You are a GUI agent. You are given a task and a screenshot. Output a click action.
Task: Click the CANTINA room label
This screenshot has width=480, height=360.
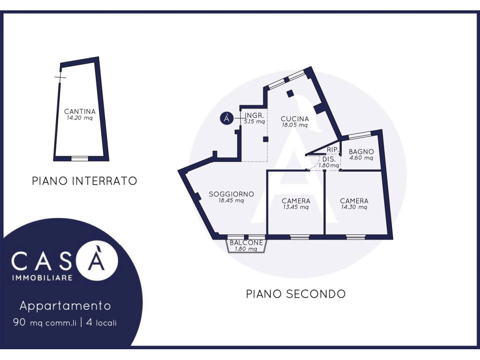pos(80,112)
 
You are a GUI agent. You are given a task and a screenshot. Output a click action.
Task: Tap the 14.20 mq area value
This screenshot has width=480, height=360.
pos(80,118)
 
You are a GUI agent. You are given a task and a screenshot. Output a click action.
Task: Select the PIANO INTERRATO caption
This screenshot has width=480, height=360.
pos(84,181)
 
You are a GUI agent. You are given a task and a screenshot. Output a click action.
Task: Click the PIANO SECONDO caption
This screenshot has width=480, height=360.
pos(296,294)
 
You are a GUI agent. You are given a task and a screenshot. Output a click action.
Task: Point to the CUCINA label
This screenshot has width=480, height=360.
pos(295,119)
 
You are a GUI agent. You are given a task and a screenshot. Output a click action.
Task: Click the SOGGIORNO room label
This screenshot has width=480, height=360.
pos(232,194)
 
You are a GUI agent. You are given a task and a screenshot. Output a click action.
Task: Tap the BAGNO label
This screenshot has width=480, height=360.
pos(361,151)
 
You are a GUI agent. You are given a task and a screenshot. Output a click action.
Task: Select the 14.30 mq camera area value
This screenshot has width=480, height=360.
pos(354,207)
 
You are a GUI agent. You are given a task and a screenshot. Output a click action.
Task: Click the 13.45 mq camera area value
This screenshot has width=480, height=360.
pos(296,207)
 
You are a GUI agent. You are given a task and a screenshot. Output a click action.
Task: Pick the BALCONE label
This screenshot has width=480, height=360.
pos(247,243)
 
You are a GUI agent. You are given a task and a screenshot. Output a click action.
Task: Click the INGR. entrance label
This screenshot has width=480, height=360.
pos(255,115)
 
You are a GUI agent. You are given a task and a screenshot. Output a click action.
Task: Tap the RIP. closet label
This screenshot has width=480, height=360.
pos(333,150)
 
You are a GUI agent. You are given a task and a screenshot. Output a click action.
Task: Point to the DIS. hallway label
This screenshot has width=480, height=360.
pos(329,159)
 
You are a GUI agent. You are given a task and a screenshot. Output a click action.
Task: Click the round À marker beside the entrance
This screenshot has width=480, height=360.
pos(227,118)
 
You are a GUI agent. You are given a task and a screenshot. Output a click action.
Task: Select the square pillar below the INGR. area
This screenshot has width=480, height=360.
pos(265,139)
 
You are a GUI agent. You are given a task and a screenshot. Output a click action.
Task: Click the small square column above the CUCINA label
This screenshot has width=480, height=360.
pos(290,93)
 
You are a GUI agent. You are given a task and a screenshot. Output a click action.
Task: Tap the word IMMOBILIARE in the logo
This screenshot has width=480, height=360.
pos(42,278)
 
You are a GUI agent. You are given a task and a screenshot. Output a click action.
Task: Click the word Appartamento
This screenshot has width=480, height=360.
pos(65,306)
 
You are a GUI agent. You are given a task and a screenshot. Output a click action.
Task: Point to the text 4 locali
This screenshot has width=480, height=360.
pos(102,322)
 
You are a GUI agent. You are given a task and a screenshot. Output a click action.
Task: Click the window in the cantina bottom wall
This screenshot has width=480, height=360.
pos(80,158)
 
